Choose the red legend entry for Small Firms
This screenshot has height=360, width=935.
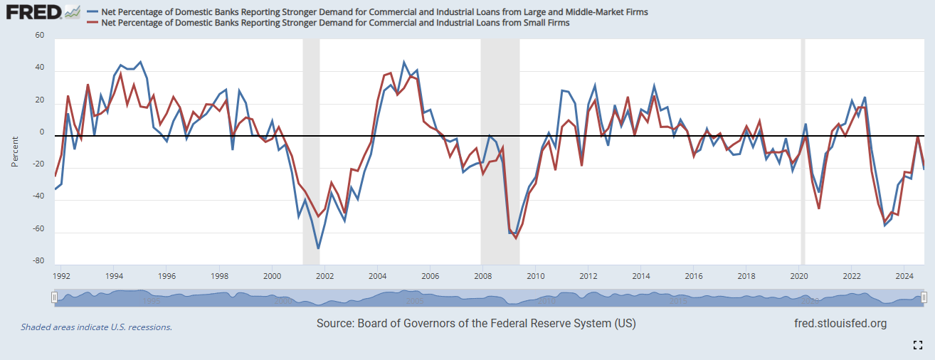coord(334,23)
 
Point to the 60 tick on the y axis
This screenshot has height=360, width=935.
coord(39,36)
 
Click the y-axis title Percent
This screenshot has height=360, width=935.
coord(15,150)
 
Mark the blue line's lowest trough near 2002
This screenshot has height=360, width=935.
coord(318,248)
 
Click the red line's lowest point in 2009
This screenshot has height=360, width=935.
coord(516,238)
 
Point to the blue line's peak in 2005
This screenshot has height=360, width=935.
coord(404,63)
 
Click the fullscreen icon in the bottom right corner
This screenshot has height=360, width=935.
coord(918,345)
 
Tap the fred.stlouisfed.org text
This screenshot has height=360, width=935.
coord(840,324)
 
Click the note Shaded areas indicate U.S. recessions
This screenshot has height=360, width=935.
coord(96,327)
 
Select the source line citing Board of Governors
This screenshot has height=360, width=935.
coord(476,324)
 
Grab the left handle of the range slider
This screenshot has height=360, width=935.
coord(54,297)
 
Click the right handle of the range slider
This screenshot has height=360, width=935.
coord(924,297)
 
